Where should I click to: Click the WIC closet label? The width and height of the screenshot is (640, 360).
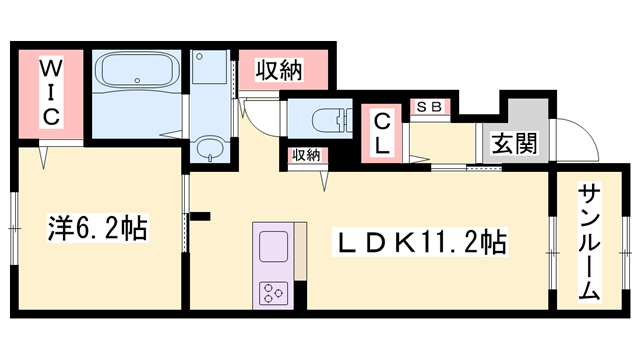[x=51, y=93]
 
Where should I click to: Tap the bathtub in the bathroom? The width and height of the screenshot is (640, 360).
[x=137, y=71]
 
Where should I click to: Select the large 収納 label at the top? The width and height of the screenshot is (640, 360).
[x=279, y=70]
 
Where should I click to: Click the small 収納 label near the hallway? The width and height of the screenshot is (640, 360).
[x=307, y=155]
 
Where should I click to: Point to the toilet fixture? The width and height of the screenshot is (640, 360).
[x=331, y=120]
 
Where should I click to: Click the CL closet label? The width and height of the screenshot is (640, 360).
[x=382, y=133]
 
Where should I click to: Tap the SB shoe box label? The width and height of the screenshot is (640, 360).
[x=429, y=107]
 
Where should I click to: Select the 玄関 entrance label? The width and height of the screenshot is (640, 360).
[x=514, y=142]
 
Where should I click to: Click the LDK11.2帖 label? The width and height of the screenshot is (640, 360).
[x=420, y=242]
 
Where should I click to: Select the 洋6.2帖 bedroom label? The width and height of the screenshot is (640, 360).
[x=98, y=228]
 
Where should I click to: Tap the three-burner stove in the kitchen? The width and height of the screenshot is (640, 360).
[x=273, y=293]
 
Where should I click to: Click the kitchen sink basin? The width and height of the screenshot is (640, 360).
[x=273, y=246]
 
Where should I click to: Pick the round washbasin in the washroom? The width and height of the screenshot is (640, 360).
[x=210, y=147]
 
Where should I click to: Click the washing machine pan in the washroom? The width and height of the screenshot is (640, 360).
[x=209, y=67]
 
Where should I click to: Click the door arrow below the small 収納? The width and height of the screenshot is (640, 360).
[x=324, y=180]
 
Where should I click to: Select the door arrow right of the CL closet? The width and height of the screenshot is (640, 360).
[x=420, y=159]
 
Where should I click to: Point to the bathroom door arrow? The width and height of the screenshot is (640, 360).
[x=171, y=134]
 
